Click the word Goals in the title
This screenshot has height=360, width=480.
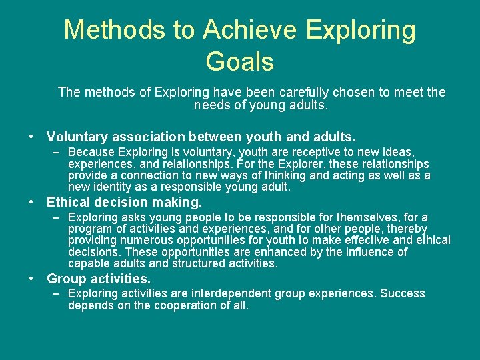pos(239,61)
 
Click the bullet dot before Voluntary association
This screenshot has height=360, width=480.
pos(32,137)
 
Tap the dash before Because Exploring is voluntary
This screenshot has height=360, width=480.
pos(57,153)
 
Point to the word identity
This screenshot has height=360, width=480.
pos(115,187)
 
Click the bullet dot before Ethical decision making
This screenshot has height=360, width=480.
pos(32,202)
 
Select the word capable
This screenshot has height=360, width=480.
pos(89,263)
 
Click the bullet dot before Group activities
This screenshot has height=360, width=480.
pos(32,279)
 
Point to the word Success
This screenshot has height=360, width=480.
pos(402,294)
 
